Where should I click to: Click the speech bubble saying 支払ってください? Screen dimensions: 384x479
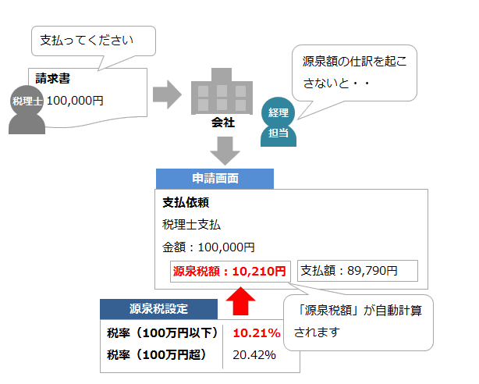pyautogui.click(x=93, y=40)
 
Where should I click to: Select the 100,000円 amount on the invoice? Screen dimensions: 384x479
pyautogui.click(x=75, y=101)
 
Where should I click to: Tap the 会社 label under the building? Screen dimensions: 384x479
pyautogui.click(x=223, y=123)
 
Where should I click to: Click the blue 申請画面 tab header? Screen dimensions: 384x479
pyautogui.click(x=215, y=178)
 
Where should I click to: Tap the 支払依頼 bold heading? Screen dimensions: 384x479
pyautogui.click(x=185, y=202)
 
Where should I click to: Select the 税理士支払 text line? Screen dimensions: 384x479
pyautogui.click(x=192, y=225)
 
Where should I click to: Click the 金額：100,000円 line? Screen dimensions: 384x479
pyautogui.click(x=208, y=247)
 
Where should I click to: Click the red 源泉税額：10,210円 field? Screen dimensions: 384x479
pyautogui.click(x=229, y=272)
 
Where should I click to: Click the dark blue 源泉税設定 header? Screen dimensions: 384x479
pyautogui.click(x=158, y=309)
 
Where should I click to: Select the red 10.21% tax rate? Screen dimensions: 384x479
pyautogui.click(x=257, y=333)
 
